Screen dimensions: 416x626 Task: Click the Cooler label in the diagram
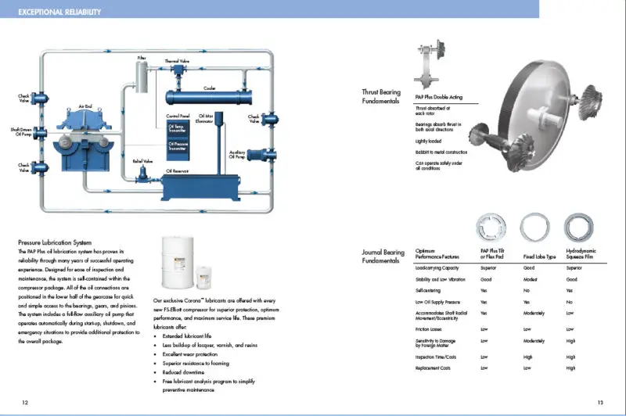point(210,88)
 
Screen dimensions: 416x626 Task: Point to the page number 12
point(25,402)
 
